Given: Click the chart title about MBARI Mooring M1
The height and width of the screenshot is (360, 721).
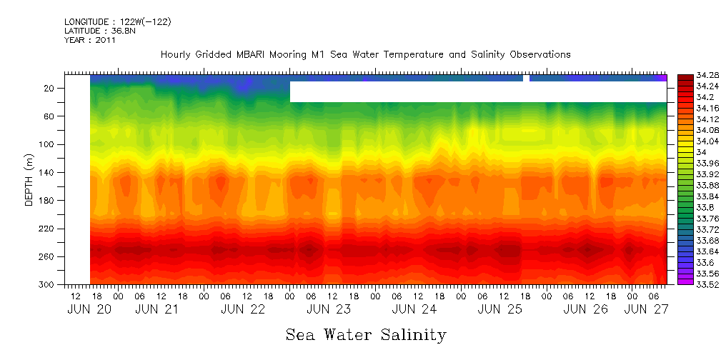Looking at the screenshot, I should (x=365, y=54).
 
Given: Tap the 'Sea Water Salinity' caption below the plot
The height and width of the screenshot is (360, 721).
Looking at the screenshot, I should (x=366, y=334).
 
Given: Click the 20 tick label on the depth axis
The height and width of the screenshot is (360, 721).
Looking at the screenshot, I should (x=50, y=89).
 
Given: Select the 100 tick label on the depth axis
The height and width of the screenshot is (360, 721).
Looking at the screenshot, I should (x=48, y=144).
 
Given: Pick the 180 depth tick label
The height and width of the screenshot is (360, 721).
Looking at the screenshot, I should (x=48, y=201).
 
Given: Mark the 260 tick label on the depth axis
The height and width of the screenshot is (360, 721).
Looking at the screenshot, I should (x=48, y=256).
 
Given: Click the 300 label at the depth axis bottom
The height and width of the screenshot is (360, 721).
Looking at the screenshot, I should (x=48, y=285).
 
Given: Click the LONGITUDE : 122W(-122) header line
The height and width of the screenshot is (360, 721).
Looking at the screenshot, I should (x=117, y=22).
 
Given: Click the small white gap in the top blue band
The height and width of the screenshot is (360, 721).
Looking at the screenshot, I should (x=527, y=78).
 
